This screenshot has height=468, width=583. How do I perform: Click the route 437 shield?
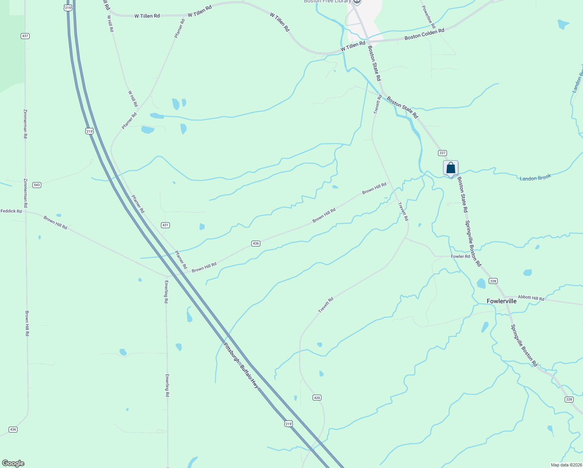click(x=25, y=36)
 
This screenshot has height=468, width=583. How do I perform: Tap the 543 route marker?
click(x=37, y=185)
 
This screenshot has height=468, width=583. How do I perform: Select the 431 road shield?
click(x=165, y=225)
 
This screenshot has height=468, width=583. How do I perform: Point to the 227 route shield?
click(x=442, y=153)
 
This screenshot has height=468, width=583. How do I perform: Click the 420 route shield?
click(x=317, y=398)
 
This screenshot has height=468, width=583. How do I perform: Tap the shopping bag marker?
click(x=450, y=168)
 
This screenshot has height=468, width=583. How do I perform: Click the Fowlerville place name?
click(x=502, y=301)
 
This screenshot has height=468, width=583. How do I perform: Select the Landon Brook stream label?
click(x=535, y=178)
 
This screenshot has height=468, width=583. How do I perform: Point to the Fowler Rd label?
click(x=460, y=256)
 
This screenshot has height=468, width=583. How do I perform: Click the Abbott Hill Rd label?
click(x=531, y=298)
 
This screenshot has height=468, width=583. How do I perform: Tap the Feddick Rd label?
click(x=11, y=211)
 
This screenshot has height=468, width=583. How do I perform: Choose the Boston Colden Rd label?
click(x=424, y=34)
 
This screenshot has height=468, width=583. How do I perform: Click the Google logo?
click(x=13, y=463)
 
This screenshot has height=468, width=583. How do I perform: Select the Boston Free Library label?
click(x=327, y=2)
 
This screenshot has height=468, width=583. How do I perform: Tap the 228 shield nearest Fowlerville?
click(x=493, y=281)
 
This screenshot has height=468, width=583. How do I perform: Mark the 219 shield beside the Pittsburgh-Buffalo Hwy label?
click(x=288, y=424)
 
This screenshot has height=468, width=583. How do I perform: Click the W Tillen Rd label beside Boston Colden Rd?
click(x=353, y=46)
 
